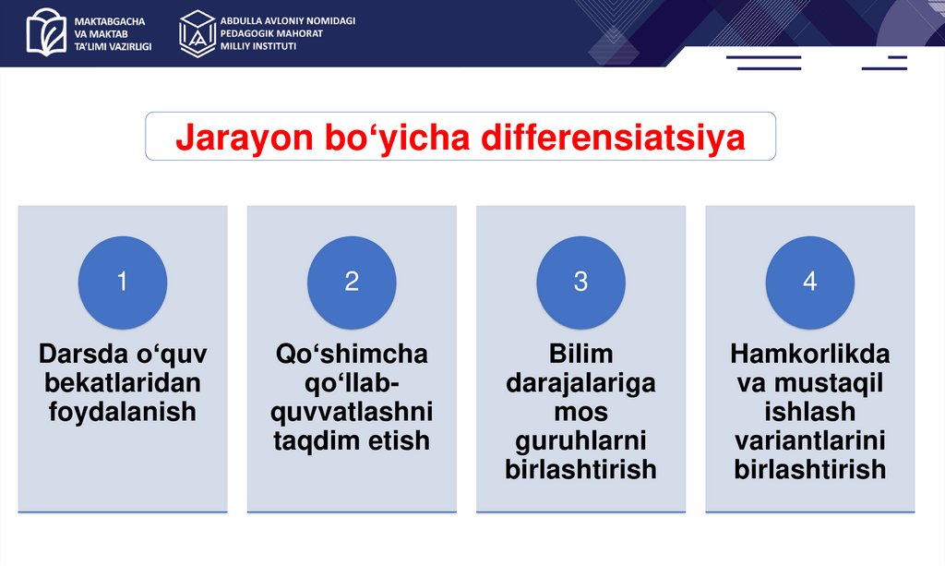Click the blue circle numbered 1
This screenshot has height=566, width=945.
tap(123, 283)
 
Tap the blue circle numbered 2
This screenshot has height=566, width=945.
tap(352, 283)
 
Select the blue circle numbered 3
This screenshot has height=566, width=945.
tap(581, 283)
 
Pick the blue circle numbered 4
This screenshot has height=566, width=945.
tap(810, 283)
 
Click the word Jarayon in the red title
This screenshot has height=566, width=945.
tap(245, 138)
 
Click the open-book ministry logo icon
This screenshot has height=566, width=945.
tap(46, 32)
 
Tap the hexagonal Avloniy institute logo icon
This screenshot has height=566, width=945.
tap(197, 34)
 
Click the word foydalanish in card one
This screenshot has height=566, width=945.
tap(123, 413)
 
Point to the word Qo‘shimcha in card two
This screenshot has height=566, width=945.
tap(352, 354)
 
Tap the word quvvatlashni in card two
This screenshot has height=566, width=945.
tap(352, 413)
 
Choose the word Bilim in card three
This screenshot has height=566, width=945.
tap(581, 354)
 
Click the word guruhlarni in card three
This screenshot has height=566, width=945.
tap(581, 441)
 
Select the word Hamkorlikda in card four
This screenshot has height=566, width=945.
tap(810, 354)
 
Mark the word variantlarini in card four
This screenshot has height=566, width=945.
tap(810, 440)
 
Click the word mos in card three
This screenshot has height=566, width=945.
tap(581, 413)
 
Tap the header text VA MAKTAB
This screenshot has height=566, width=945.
tap(102, 34)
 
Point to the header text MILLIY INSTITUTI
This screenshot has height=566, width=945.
tap(258, 46)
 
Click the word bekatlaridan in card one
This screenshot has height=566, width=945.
tap(123, 383)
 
